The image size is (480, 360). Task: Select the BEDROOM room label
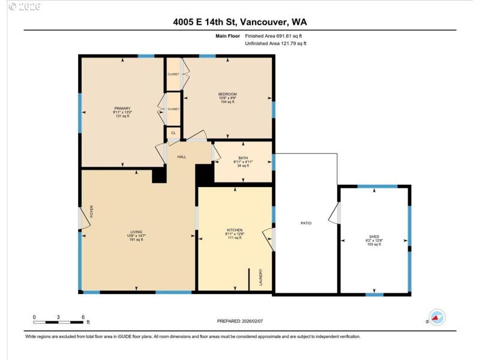[227, 94]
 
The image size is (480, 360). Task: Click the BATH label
[243, 158]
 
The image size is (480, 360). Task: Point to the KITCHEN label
[234, 230]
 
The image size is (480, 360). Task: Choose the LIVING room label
[136, 232]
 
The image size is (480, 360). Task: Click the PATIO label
[306, 223]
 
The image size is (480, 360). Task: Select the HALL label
[181, 157]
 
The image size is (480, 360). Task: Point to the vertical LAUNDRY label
[261, 277]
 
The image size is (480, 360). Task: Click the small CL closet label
[173, 133]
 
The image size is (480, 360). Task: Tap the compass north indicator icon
[436, 317]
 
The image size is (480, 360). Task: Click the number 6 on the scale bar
[83, 317]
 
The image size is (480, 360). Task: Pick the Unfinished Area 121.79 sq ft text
[276, 43]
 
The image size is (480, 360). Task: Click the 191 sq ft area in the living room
[136, 240]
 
